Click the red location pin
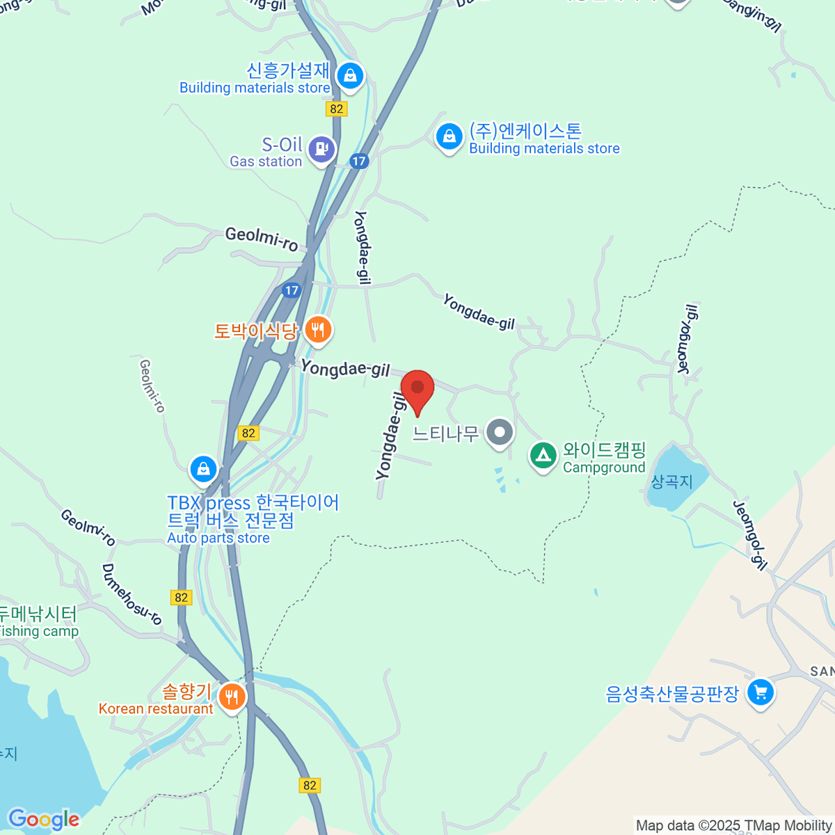(x=417, y=388)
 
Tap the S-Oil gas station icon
(x=321, y=148)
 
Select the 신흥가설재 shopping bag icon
(x=349, y=75)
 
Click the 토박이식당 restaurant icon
(x=318, y=329)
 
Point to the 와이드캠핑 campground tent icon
(x=543, y=456)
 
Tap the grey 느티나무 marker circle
(x=499, y=433)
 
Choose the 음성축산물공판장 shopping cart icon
(x=760, y=692)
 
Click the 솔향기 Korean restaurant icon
(x=232, y=696)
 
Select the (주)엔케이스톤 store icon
(x=449, y=136)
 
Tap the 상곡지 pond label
(x=671, y=482)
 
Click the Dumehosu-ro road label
(x=132, y=594)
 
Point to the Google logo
(x=43, y=820)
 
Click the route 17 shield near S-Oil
(x=358, y=161)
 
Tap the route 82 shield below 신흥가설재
(x=337, y=109)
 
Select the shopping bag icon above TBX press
(x=203, y=468)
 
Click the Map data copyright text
(x=733, y=826)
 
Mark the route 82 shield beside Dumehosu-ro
(x=182, y=597)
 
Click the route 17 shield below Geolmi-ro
(x=292, y=290)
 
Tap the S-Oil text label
(x=282, y=145)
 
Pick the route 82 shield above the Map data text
(x=310, y=785)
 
